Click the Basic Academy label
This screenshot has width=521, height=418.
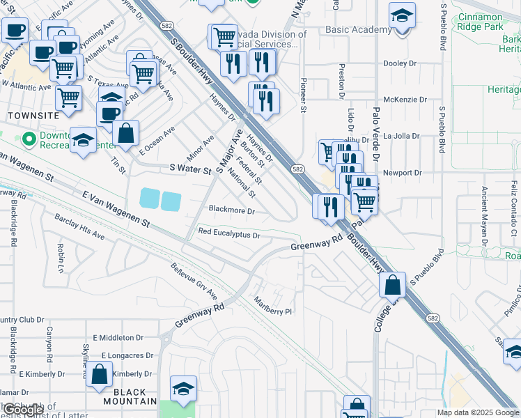(x=359, y=29)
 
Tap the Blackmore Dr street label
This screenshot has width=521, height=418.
(x=232, y=210)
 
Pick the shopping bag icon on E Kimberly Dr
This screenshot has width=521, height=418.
(x=100, y=374)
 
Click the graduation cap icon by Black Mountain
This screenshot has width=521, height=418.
(x=183, y=388)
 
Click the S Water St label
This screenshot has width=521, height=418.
(x=190, y=169)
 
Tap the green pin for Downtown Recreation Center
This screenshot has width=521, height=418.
(x=29, y=139)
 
